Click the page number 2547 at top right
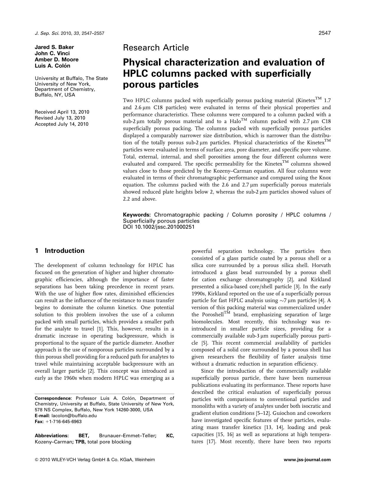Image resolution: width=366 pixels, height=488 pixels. tap(324, 33)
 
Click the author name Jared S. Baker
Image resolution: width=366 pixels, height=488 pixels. tap(54, 47)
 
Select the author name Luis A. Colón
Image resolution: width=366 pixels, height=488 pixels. tap(52, 66)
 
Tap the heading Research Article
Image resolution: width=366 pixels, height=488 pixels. tap(156, 48)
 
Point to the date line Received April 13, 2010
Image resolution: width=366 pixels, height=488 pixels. tap(62, 112)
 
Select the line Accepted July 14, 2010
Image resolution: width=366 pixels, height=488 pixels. tap(61, 124)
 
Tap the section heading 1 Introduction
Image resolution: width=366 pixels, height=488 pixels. tap(60, 251)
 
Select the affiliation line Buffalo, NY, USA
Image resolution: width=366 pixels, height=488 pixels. tap(55, 95)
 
